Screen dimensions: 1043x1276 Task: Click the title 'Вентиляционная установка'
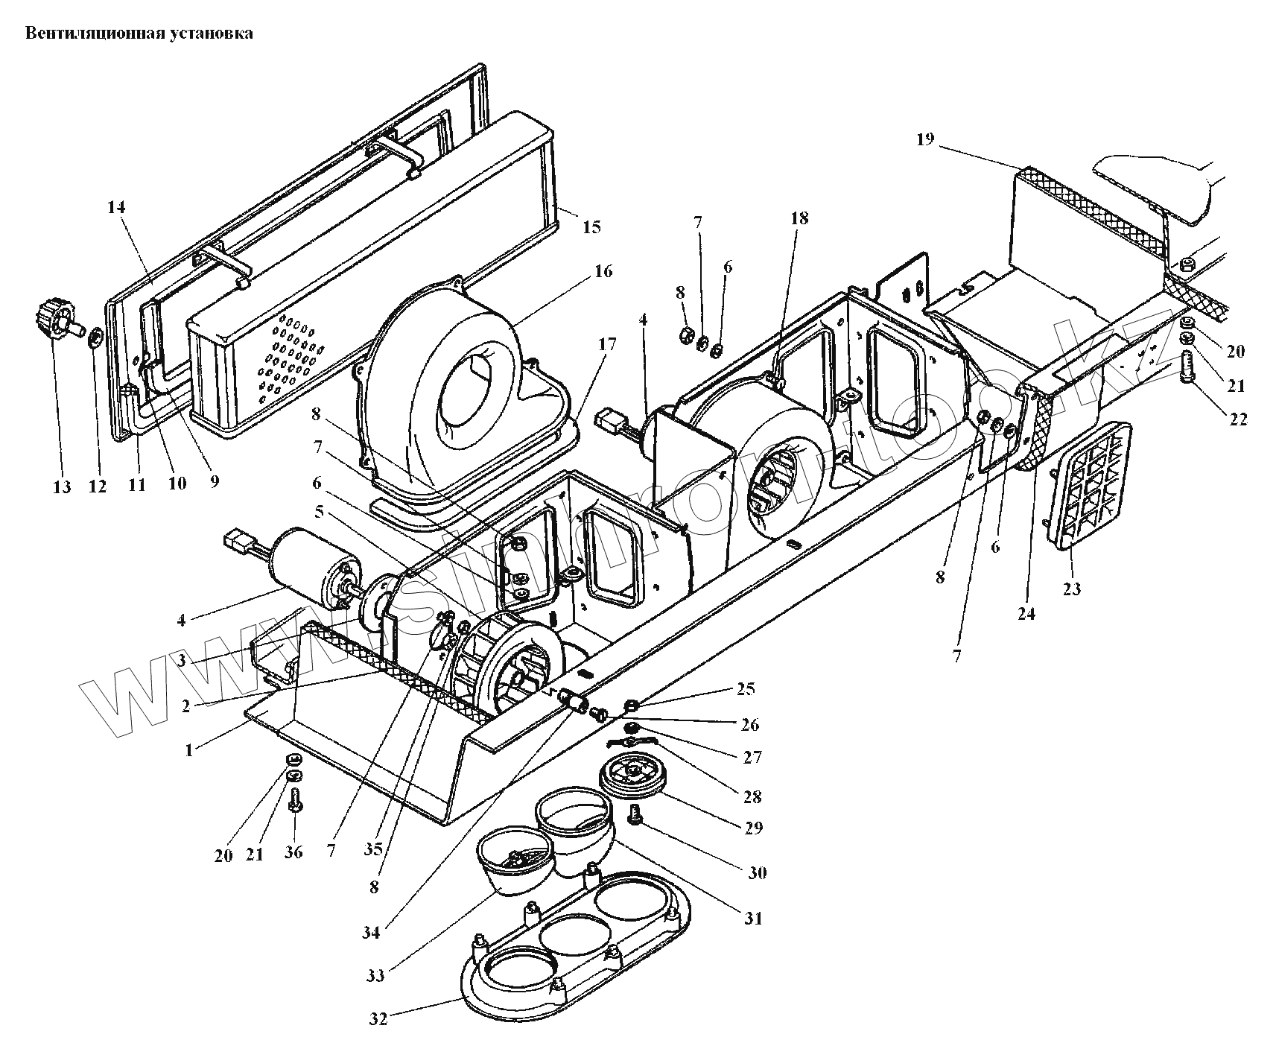[139, 34]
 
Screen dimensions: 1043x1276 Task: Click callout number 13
[62, 487]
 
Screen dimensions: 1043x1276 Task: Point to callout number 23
[1071, 589]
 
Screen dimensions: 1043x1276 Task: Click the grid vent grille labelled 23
[1089, 484]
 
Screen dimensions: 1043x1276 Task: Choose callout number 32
[378, 1018]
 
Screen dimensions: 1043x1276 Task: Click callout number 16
[603, 271]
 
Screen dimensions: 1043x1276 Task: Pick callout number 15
[591, 227]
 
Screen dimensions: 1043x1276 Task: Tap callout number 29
[754, 828]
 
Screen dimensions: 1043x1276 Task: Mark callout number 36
[293, 852]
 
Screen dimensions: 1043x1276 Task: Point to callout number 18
[799, 218]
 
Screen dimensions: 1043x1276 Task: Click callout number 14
[116, 207]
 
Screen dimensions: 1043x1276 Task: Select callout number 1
[188, 750]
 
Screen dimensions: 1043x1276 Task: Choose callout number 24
[1026, 614]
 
